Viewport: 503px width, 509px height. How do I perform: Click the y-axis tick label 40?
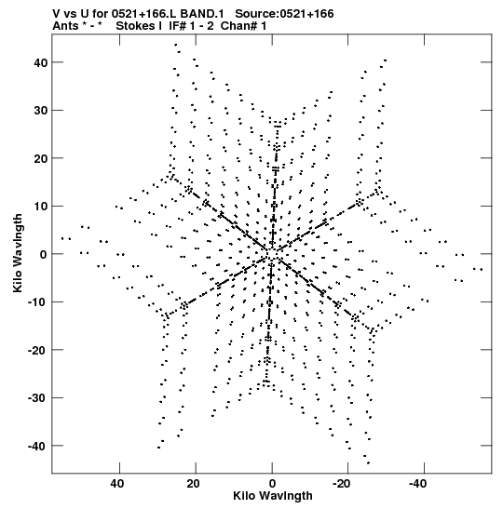coord(41,62)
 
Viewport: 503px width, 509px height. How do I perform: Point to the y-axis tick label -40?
coord(37,447)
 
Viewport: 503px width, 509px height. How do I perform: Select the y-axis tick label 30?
coord(41,111)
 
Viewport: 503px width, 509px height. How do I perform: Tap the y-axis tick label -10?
coord(37,302)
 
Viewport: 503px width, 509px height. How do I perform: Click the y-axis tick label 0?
coord(44,255)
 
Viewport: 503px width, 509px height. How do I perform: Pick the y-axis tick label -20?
coord(37,350)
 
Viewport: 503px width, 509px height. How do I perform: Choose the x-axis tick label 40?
coord(117,484)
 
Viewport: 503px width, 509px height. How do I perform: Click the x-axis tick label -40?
coord(417,484)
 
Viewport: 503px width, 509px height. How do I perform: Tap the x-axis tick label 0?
coord(272,484)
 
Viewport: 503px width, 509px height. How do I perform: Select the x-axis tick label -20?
coord(342,484)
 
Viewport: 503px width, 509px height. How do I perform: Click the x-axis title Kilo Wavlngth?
coord(273,496)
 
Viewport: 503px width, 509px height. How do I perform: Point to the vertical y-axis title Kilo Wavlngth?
coord(18,253)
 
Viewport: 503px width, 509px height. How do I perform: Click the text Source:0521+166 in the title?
coord(284,14)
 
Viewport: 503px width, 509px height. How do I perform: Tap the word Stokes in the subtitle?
coord(135,26)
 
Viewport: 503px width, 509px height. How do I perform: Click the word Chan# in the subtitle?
coord(238,26)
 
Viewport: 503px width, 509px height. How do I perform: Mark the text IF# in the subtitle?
coord(177,26)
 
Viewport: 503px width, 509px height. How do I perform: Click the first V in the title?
coord(57,14)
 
